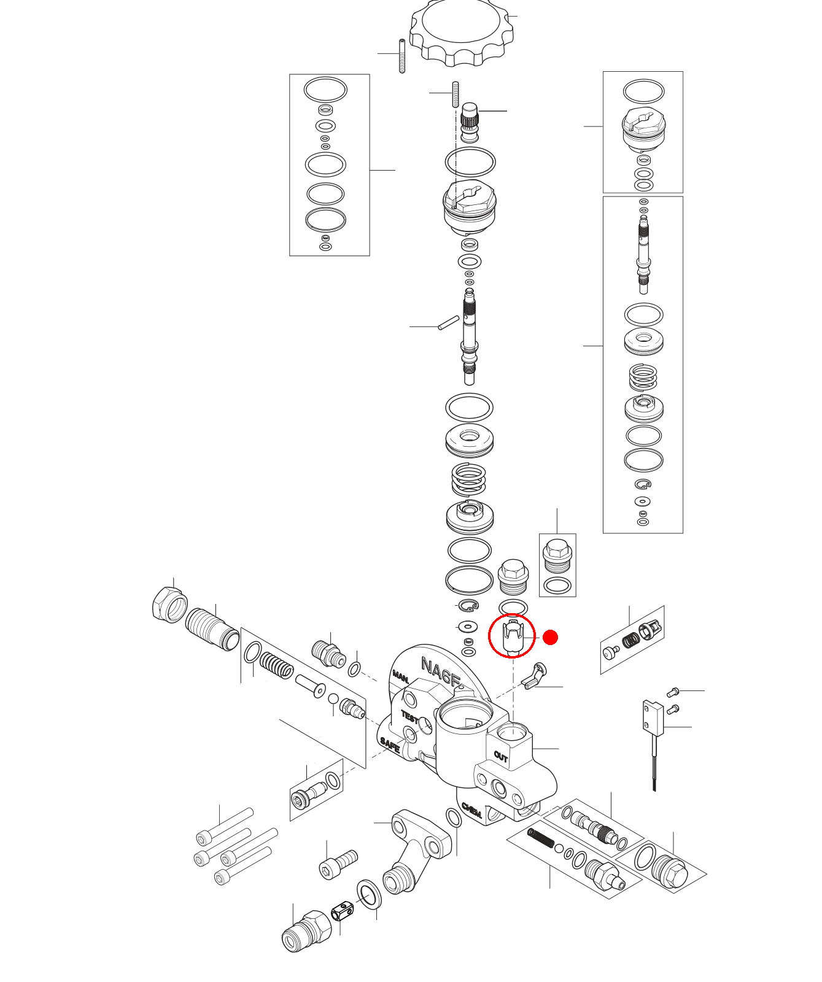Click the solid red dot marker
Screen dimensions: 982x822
550,638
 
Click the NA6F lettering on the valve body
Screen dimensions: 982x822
440,671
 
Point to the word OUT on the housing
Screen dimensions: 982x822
501,757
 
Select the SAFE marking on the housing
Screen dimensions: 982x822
390,745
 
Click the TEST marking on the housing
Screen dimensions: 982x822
409,717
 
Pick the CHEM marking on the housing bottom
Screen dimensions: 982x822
472,811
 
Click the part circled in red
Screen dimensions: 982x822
511,636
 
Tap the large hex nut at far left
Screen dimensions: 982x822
168,605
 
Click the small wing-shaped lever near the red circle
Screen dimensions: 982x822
533,676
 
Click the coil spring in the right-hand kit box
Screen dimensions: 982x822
643,377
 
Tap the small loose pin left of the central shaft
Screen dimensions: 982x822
448,322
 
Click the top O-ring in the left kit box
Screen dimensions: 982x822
325,90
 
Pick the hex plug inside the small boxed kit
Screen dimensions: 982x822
557,555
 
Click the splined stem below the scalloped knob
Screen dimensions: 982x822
470,120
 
